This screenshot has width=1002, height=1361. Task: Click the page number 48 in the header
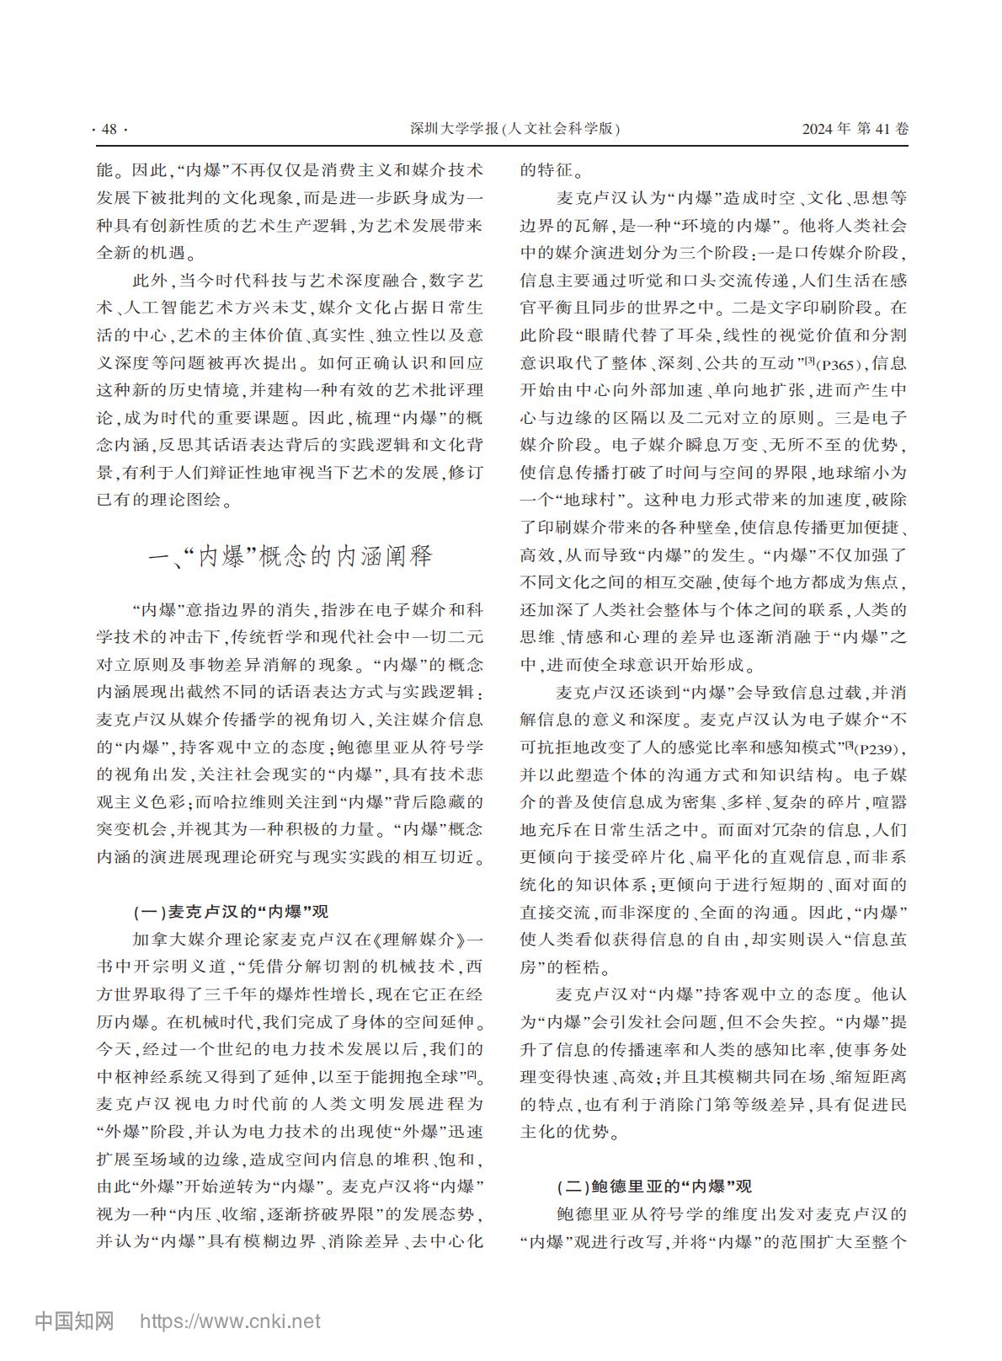click(x=109, y=129)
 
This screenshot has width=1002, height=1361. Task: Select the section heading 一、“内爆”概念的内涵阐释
click(x=290, y=556)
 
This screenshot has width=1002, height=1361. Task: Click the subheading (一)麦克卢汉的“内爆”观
click(x=231, y=911)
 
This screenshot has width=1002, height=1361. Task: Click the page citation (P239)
click(x=875, y=748)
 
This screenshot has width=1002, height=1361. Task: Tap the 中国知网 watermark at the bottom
click(x=74, y=1321)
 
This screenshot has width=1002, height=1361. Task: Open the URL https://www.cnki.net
click(x=229, y=1321)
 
